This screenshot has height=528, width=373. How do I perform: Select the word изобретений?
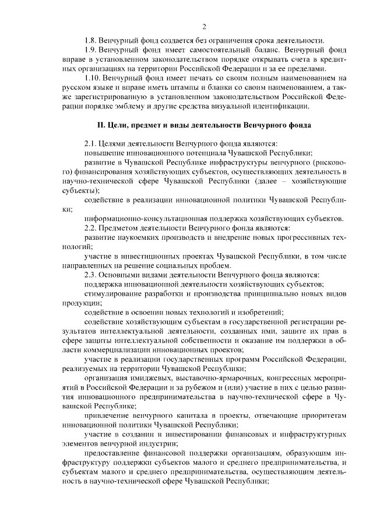[x=262, y=312]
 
